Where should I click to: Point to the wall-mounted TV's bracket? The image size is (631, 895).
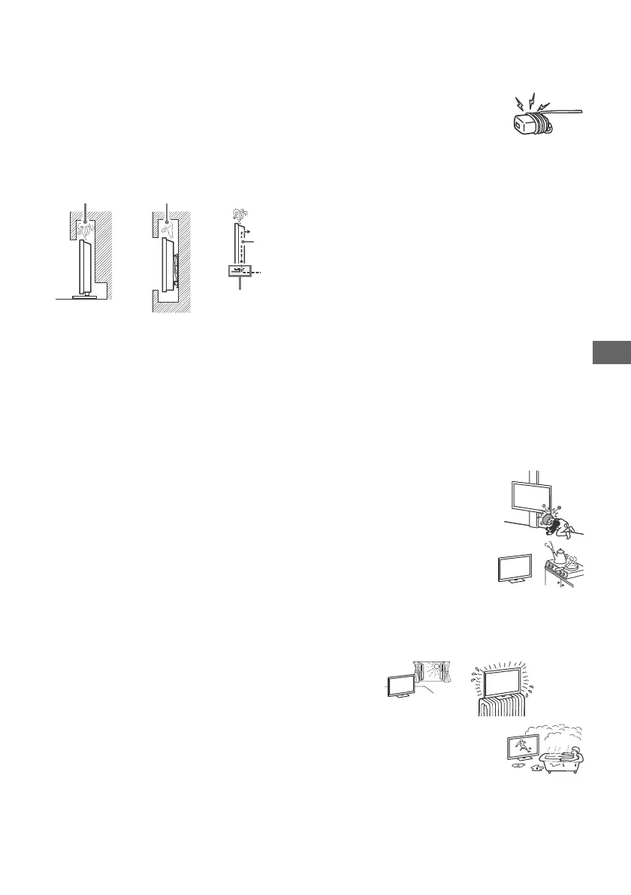tap(175, 262)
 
